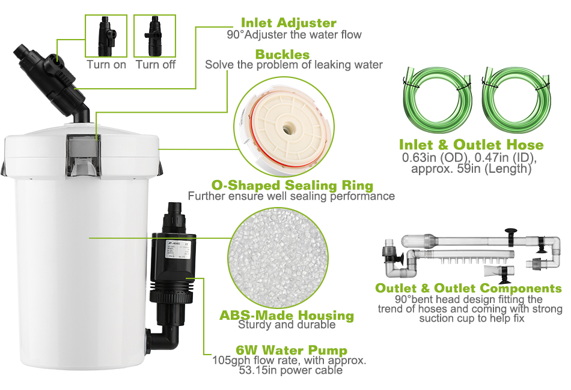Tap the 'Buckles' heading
pyautogui.click(x=282, y=55)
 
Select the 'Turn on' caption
pyautogui.click(x=106, y=64)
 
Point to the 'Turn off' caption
pyautogui.click(x=155, y=64)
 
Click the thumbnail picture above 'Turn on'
pyautogui.click(x=106, y=36)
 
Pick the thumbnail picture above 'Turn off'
pyautogui.click(x=154, y=36)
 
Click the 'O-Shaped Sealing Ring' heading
pyautogui.click(x=292, y=185)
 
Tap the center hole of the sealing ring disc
pyautogui.click(x=288, y=127)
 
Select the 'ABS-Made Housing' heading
pyautogui.click(x=286, y=316)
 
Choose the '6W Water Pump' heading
pyautogui.click(x=292, y=350)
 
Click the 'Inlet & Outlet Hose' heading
pyautogui.click(x=471, y=145)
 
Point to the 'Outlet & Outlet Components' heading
pyautogui.click(x=468, y=289)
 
